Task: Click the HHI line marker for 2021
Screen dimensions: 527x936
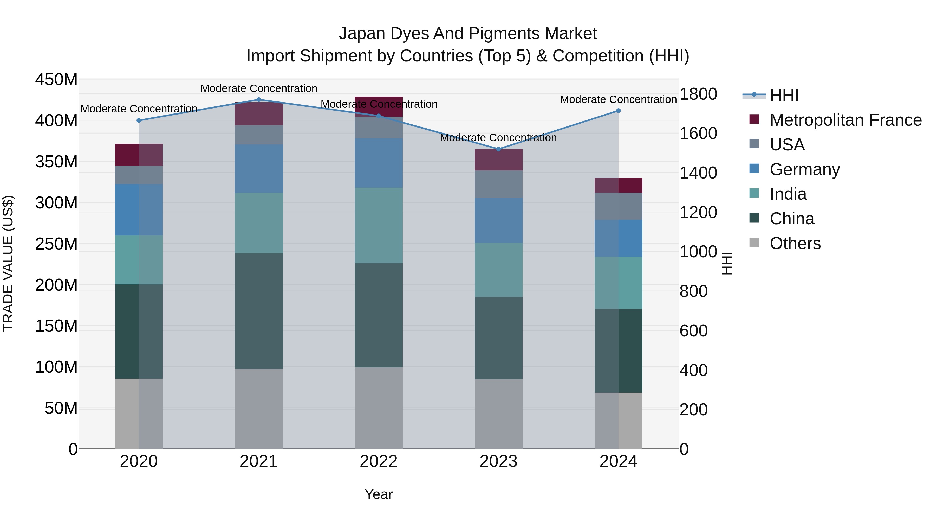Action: tap(259, 100)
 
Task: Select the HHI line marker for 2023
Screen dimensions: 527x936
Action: tap(498, 149)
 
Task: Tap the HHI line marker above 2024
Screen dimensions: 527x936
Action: tap(619, 111)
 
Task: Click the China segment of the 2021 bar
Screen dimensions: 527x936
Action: tap(259, 311)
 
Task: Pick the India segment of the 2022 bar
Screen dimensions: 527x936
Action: tap(379, 225)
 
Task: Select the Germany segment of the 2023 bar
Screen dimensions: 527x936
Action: tap(498, 220)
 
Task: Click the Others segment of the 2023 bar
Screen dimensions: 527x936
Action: tap(498, 414)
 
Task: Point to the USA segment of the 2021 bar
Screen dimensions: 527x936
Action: tap(259, 135)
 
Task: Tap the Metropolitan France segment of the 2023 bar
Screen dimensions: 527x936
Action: tap(498, 160)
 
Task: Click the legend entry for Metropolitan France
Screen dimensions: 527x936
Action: tap(846, 120)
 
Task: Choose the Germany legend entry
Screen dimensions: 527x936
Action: tap(804, 169)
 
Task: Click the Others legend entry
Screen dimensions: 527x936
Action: tap(795, 243)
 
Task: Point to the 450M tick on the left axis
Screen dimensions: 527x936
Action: tap(56, 79)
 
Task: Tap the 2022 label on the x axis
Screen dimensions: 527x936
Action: tap(379, 461)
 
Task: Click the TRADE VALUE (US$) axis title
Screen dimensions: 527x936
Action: tap(8, 263)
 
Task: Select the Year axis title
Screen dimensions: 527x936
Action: tap(379, 494)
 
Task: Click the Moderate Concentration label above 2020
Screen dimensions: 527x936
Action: tap(139, 109)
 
